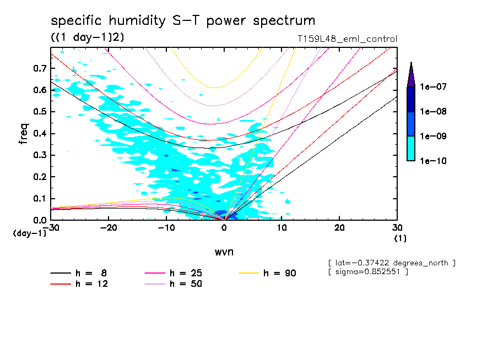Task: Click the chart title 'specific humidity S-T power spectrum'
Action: [183, 21]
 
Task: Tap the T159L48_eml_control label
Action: [347, 39]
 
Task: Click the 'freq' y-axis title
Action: [24, 134]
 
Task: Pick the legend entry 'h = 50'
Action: [186, 284]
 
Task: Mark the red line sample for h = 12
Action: [61, 284]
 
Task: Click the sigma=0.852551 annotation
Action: [368, 272]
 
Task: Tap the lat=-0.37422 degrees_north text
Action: [392, 263]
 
